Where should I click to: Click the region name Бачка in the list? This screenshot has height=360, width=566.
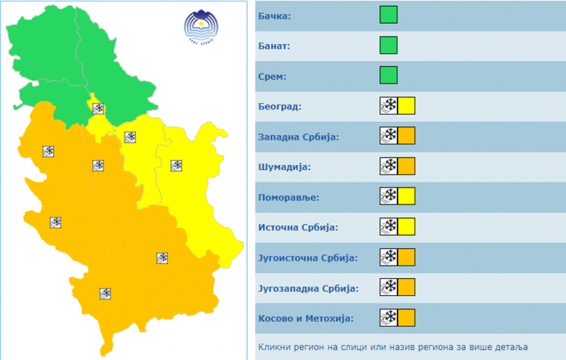pos(274,15)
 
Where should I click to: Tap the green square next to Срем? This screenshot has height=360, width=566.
pos(389,75)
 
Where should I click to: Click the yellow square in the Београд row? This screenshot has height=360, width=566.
pos(406,105)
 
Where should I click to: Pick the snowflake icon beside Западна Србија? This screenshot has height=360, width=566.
pos(389,135)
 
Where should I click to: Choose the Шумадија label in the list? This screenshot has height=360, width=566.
pos(284,166)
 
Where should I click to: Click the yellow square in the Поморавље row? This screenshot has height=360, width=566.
pos(406,196)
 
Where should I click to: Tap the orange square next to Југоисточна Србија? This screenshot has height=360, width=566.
pos(406,257)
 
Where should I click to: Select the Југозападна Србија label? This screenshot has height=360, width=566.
pos(308,288)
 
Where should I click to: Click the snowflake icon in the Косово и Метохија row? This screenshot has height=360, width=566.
pos(389,318)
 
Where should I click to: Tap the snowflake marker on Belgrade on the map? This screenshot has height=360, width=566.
pos(98,108)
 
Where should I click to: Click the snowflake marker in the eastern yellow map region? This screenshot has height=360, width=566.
pos(176,165)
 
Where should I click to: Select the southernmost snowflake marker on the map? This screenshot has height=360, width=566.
pos(106,294)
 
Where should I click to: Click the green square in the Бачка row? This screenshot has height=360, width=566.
pos(389,15)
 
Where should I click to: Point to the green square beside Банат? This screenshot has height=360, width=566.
pos(389,45)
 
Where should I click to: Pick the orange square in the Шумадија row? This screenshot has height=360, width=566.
pos(406,166)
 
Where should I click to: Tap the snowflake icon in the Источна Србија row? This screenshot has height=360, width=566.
pos(389,226)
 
